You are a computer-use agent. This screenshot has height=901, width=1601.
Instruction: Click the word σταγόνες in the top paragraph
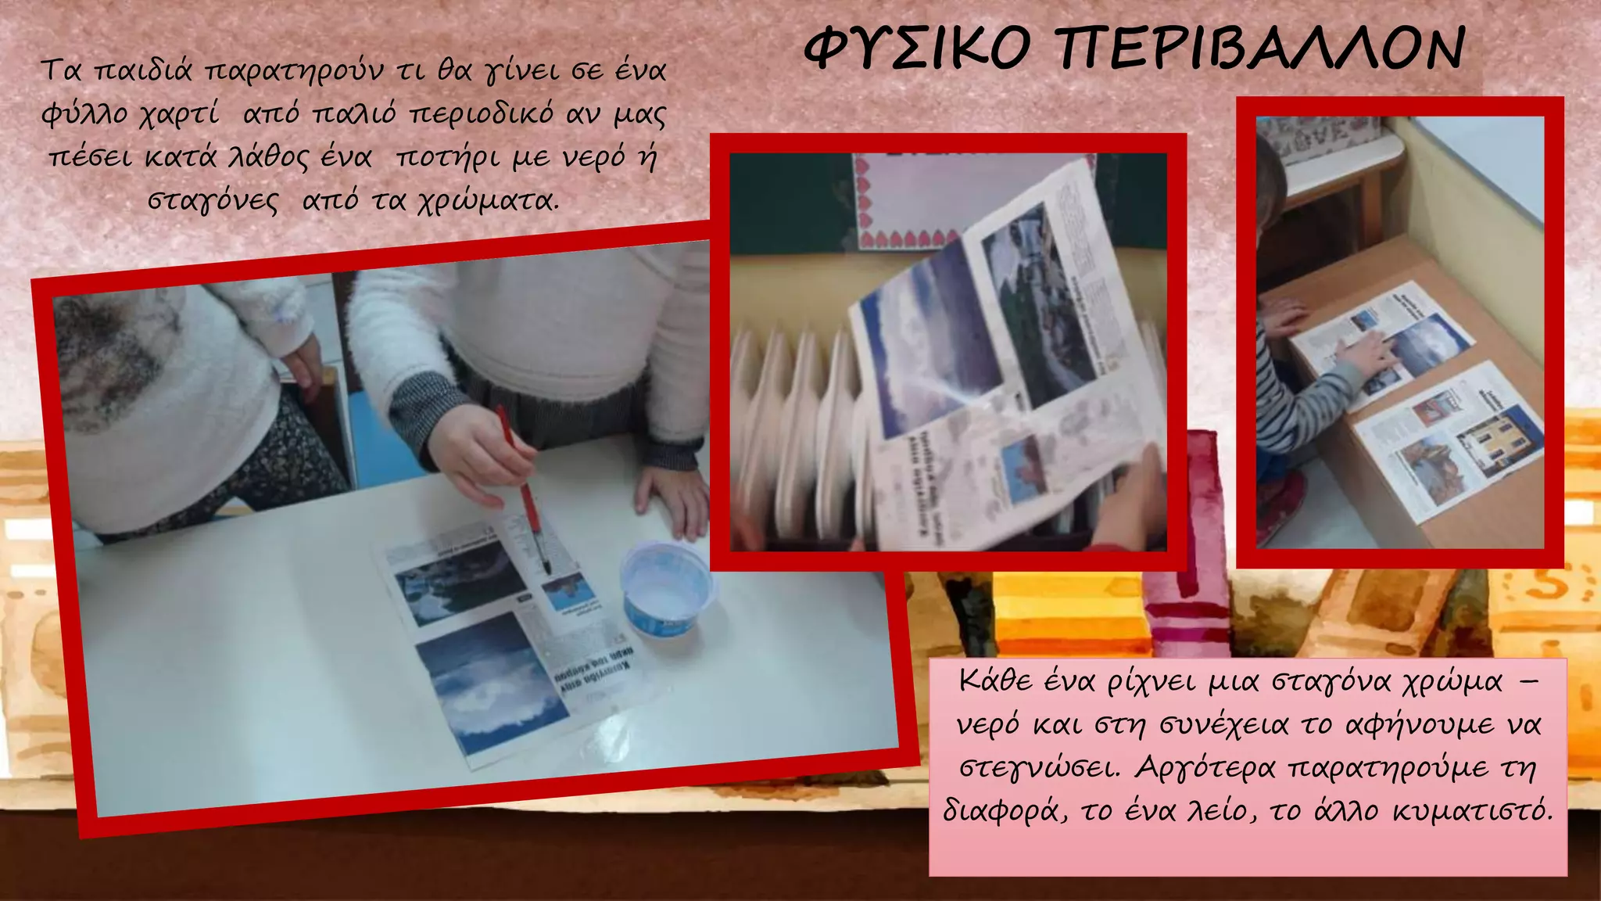point(213,202)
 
